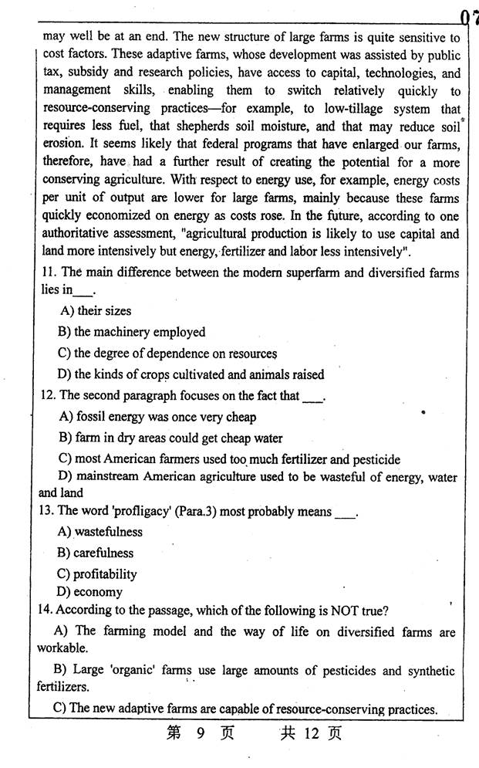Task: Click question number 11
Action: (x=47, y=272)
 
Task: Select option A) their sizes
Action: (x=95, y=311)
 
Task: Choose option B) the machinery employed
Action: (x=131, y=332)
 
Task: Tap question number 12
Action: (x=47, y=396)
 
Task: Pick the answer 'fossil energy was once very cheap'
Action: (x=157, y=417)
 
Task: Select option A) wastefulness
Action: (x=100, y=532)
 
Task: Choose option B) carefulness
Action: (x=96, y=553)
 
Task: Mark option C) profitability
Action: (x=97, y=573)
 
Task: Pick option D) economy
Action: (x=90, y=592)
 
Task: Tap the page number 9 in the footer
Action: (x=199, y=733)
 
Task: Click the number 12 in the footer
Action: (x=311, y=733)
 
